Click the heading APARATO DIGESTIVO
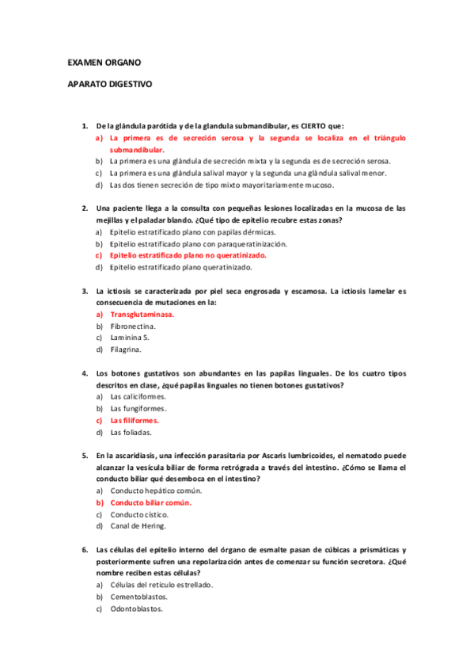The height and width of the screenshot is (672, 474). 109,83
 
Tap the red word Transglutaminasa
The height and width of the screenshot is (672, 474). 142,315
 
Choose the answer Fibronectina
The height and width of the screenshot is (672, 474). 133,326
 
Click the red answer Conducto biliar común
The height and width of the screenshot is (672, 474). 151,502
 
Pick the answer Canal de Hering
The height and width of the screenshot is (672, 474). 138,525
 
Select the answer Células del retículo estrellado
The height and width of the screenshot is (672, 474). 161,584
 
